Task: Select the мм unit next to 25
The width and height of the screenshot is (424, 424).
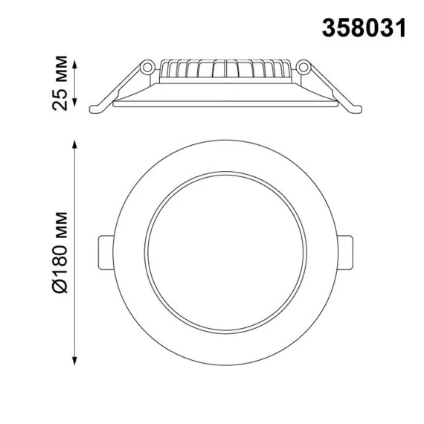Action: tap(65, 70)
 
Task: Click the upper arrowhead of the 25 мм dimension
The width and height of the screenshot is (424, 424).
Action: tap(74, 58)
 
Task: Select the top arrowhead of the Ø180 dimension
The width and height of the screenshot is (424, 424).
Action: tap(74, 141)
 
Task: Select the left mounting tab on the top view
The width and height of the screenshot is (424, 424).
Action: tap(105, 253)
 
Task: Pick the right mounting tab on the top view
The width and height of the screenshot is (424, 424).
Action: tap(347, 253)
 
